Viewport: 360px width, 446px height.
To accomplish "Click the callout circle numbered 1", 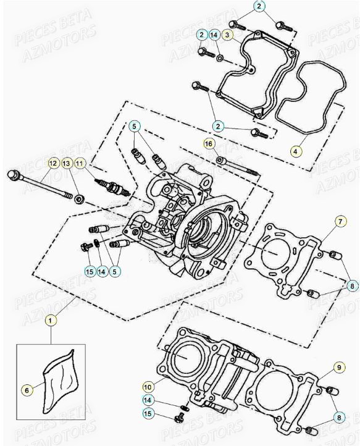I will (x=51, y=320).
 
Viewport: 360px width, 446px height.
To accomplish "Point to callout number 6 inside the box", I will (x=27, y=390).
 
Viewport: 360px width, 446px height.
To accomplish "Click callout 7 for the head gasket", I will (x=340, y=221).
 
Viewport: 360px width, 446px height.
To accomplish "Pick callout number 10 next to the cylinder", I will (x=148, y=387).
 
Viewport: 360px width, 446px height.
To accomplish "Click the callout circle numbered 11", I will (x=80, y=163).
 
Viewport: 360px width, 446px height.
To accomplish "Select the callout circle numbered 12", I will (x=54, y=163).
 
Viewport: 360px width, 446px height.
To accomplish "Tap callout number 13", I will (x=67, y=163).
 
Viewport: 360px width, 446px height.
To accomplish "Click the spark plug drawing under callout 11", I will (x=114, y=187).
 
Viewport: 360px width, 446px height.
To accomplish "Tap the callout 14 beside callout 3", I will (x=214, y=36).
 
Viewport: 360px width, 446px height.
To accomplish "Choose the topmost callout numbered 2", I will (x=259, y=7).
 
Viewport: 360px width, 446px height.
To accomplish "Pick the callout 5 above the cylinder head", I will (x=135, y=127).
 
